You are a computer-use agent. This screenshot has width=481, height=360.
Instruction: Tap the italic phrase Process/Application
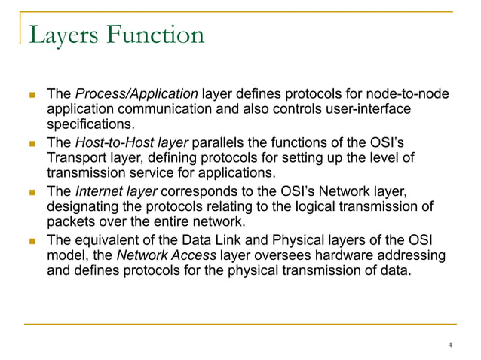(136, 94)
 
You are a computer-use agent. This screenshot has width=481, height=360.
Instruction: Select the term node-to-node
(410, 94)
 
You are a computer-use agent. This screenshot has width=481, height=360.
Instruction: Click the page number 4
(450, 346)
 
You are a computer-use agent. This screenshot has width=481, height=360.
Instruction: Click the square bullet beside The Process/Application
(32, 95)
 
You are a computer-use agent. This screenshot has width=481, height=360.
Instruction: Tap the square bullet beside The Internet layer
(32, 192)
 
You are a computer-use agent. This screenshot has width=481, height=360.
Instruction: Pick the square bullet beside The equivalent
(32, 241)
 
